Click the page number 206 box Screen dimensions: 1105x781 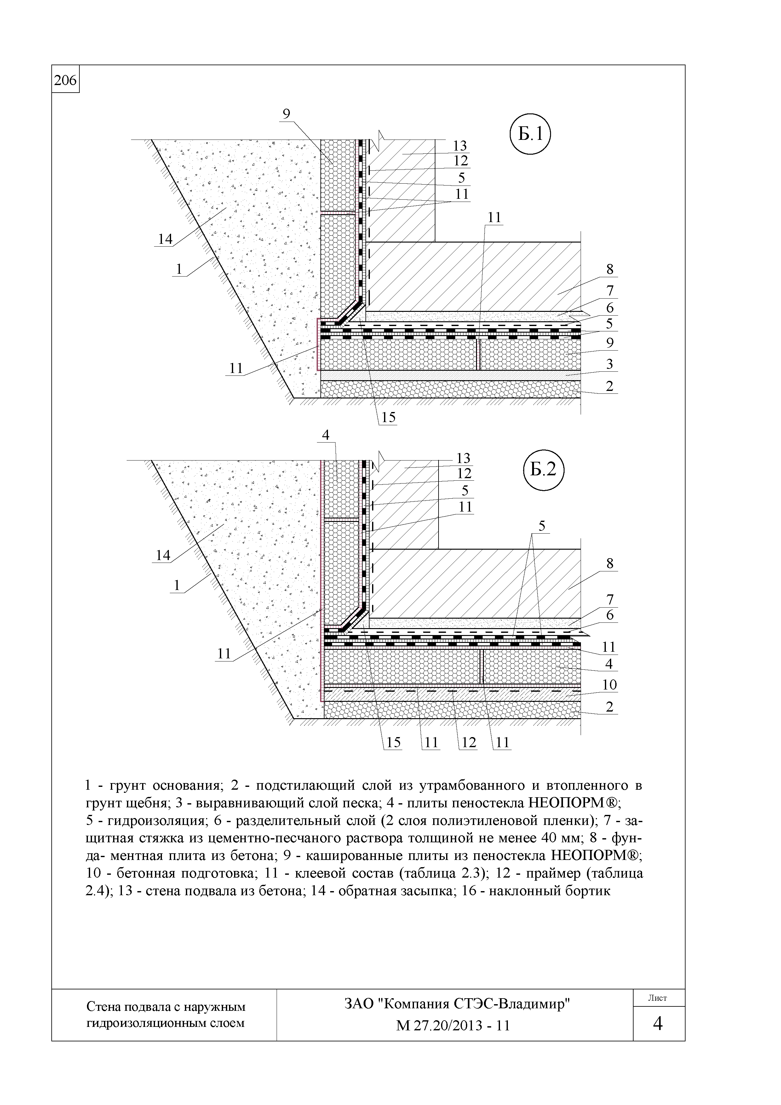(x=66, y=80)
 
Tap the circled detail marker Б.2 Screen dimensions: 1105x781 (x=543, y=468)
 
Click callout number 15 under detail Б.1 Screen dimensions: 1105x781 (x=388, y=417)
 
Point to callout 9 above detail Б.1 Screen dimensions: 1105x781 (x=286, y=114)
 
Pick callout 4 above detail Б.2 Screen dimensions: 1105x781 (x=326, y=435)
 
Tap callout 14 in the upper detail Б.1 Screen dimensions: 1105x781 (x=165, y=239)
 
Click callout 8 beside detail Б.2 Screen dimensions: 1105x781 (x=610, y=563)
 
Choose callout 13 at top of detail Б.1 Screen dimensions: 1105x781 (x=460, y=145)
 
